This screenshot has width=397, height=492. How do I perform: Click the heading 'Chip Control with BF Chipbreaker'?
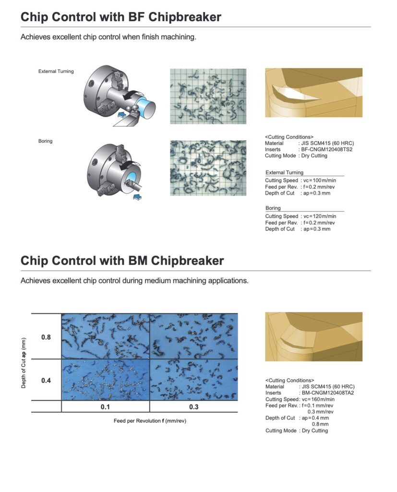coord(120,17)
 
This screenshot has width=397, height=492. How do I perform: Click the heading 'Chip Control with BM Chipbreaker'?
coord(122,261)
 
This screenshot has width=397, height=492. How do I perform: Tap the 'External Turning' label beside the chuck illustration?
coord(56,72)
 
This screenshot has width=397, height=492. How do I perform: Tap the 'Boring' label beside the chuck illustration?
coord(46,141)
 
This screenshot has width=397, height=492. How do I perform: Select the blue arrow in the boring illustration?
coord(137,197)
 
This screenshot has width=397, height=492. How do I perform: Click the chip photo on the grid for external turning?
coord(208,96)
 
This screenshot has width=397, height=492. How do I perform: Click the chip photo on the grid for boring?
coord(208,168)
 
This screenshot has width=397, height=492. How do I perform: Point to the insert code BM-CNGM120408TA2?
coord(328,393)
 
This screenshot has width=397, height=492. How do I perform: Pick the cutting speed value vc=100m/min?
coord(320,181)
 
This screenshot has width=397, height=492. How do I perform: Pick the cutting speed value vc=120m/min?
coord(320,216)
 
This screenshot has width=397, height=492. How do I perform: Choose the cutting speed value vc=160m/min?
coord(318,399)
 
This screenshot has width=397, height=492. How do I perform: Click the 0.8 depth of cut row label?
coord(46,337)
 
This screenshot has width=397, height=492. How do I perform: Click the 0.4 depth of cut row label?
coord(46,381)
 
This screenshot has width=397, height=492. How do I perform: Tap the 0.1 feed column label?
coord(105,407)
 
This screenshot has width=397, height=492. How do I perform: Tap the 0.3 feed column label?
coord(194,407)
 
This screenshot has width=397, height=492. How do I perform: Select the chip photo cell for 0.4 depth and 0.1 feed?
coord(106,380)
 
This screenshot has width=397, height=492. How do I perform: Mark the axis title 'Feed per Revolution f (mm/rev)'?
coord(150,421)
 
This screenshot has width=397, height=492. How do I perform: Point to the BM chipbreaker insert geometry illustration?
coord(313,337)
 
